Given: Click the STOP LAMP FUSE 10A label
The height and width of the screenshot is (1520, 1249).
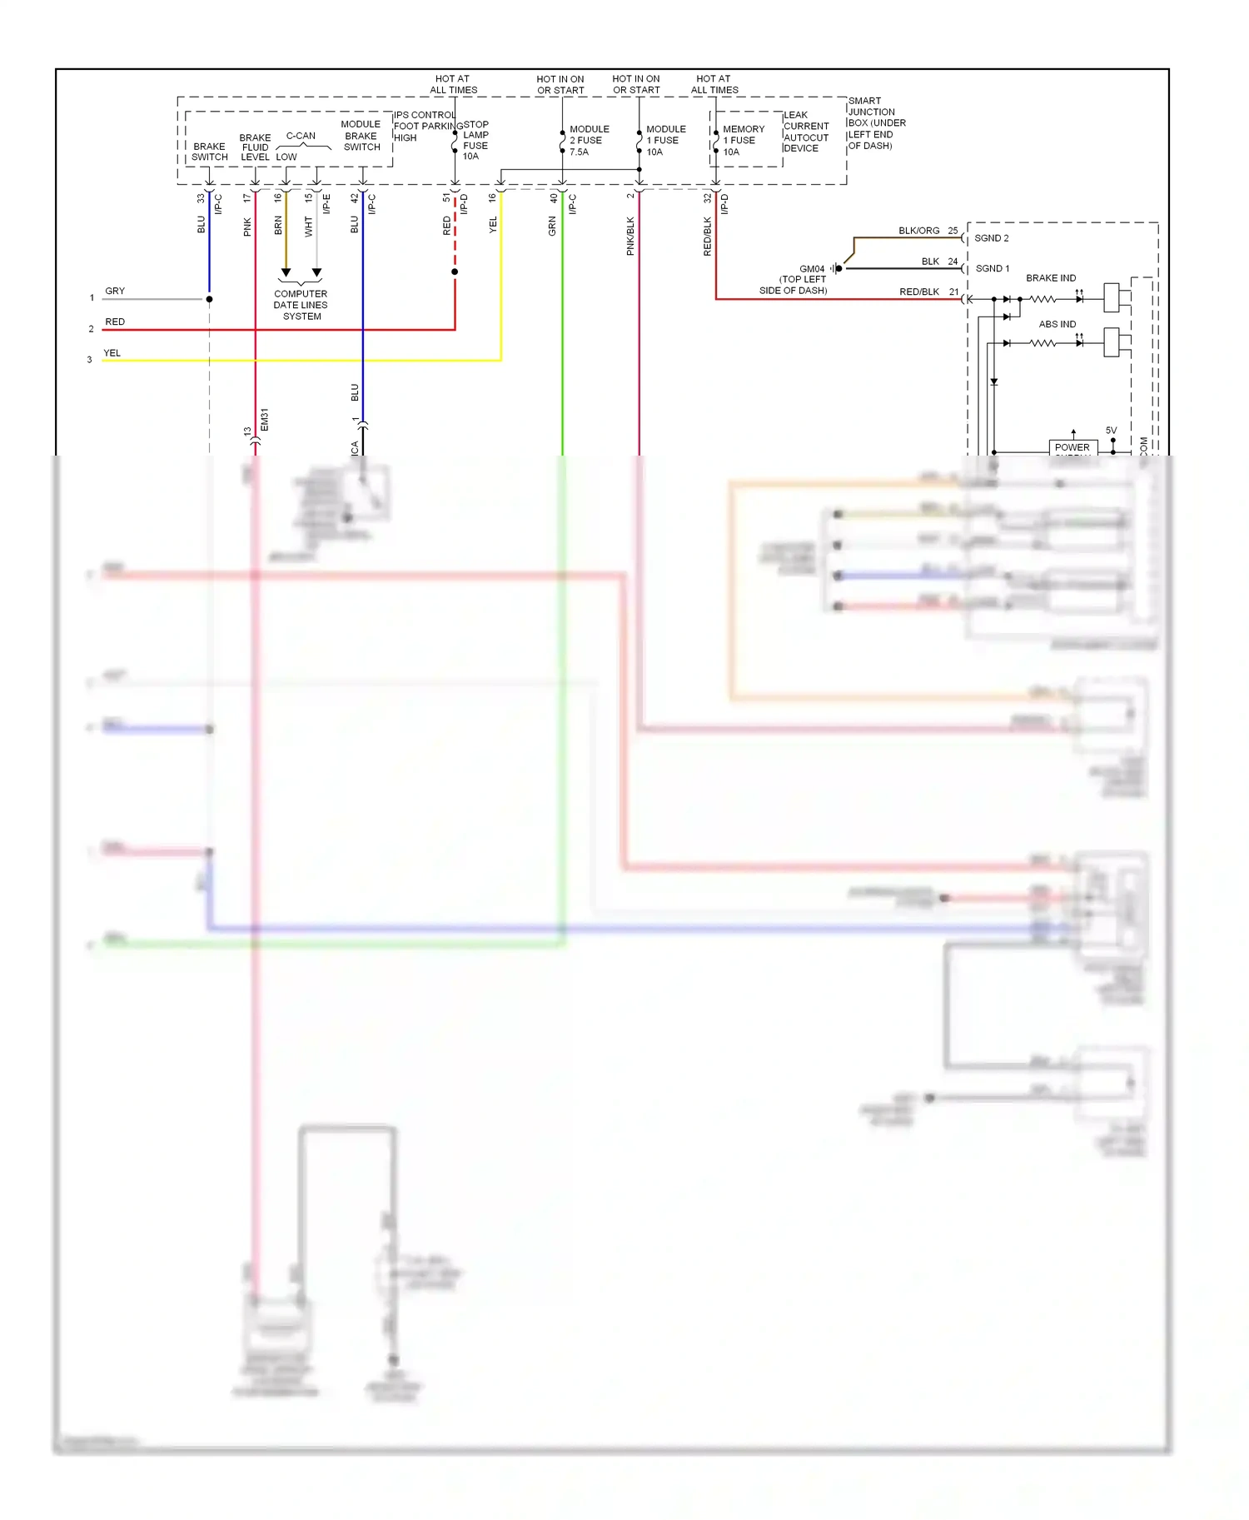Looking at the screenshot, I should [x=475, y=141].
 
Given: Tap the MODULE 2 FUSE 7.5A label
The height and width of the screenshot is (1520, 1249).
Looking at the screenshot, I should [x=589, y=141].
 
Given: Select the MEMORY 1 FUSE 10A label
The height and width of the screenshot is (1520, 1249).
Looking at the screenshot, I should [x=743, y=141].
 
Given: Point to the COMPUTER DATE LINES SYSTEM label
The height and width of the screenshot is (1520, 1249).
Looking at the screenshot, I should [x=301, y=305].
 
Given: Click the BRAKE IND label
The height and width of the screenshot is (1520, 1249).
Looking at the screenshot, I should [x=1050, y=278].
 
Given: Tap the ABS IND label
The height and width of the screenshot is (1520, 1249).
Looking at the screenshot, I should [x=1057, y=324].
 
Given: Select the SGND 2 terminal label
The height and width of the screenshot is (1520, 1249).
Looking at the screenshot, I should [x=991, y=238].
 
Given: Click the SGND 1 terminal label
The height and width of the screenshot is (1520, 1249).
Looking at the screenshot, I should [x=992, y=269].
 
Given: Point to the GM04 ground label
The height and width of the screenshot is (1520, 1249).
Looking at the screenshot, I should [x=811, y=269].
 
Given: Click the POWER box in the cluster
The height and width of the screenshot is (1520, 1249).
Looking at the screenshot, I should [x=1072, y=447].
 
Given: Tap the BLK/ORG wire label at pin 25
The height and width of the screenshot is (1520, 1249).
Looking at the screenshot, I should [x=918, y=231].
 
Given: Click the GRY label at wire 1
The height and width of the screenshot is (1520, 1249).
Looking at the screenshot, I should [x=115, y=291].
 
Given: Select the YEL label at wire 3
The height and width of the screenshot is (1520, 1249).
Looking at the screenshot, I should [x=112, y=353].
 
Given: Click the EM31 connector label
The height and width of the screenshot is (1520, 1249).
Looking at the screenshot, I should [x=265, y=419].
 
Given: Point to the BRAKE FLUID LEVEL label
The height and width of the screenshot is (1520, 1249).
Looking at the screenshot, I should [x=255, y=147].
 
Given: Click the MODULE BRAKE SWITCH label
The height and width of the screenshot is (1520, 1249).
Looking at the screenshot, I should [x=361, y=136].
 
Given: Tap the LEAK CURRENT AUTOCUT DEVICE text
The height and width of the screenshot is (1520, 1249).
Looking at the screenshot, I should [x=805, y=132].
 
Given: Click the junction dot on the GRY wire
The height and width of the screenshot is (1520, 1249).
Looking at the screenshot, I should [x=209, y=299].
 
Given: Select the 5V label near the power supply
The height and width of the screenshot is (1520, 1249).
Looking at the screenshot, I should [x=1111, y=431].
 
